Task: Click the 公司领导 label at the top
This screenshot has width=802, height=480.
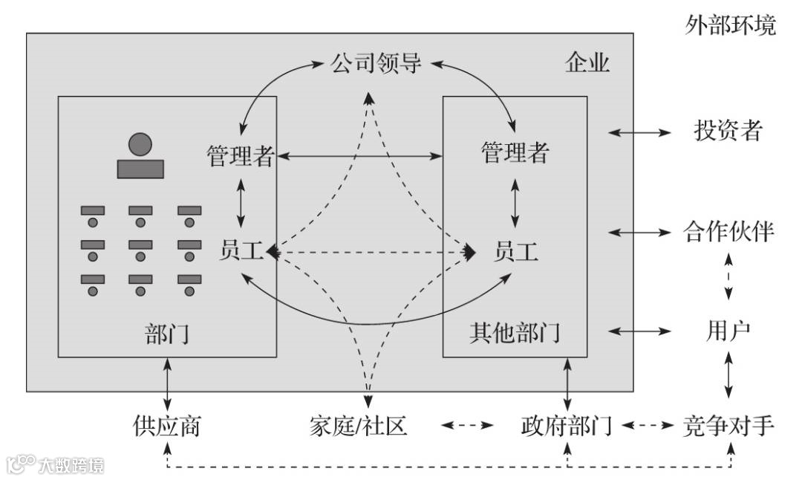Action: pos(376,63)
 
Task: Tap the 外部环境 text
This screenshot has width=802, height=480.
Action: pos(730,26)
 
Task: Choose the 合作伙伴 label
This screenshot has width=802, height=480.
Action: pos(728,232)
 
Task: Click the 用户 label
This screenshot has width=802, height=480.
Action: pos(728,329)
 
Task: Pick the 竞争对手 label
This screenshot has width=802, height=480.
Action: pos(728,426)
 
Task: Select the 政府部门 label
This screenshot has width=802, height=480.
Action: pos(567,426)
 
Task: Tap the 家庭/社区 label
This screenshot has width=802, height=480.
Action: pos(358,426)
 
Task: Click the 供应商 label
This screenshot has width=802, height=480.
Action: pos(167,426)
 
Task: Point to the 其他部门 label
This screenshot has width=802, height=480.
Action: pos(515,333)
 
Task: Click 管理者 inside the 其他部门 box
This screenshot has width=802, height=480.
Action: pos(515,153)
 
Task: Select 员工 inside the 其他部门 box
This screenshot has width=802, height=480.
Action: pos(515,252)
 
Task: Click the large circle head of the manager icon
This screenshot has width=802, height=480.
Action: pos(140,144)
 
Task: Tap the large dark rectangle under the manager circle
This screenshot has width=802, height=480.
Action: pos(140,168)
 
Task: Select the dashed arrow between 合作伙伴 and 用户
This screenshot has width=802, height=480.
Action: pos(728,280)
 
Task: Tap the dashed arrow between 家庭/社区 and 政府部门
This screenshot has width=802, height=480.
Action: pos(467,426)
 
